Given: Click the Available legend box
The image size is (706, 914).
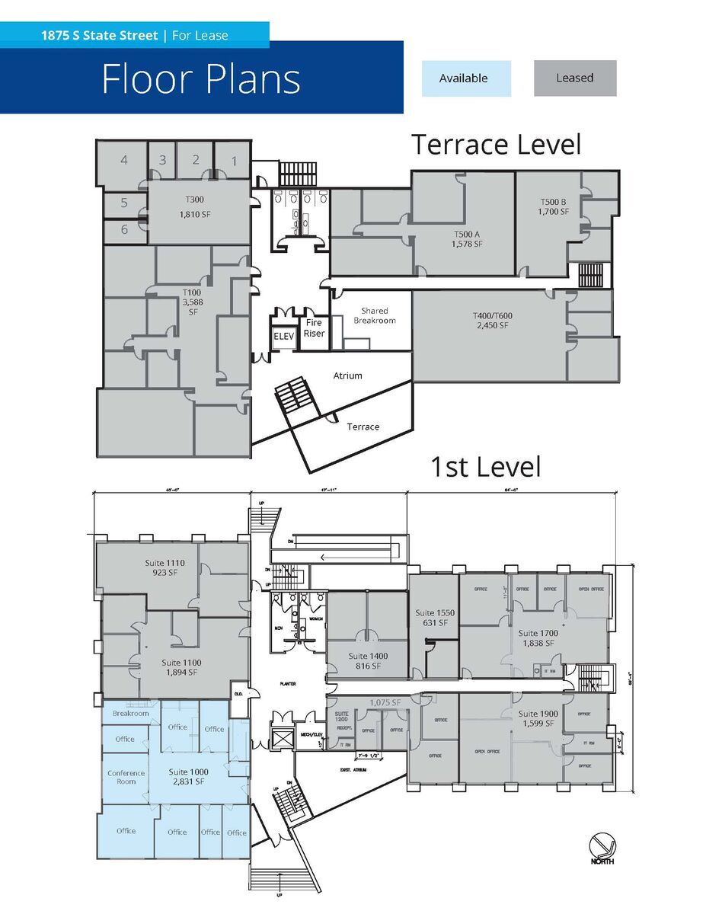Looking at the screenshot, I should pyautogui.click(x=465, y=78).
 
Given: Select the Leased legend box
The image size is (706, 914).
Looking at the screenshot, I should pyautogui.click(x=574, y=78).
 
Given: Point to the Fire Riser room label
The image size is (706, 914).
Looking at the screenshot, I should pyautogui.click(x=314, y=328).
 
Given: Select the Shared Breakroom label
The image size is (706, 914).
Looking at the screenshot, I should pyautogui.click(x=374, y=315).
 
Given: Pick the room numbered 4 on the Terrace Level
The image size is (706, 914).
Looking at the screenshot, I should pyautogui.click(x=123, y=160).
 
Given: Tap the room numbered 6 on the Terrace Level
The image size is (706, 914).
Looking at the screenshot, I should pyautogui.click(x=123, y=228).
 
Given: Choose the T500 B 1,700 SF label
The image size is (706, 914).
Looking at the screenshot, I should pyautogui.click(x=553, y=206).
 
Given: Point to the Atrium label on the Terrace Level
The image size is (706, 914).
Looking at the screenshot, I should pyautogui.click(x=347, y=376).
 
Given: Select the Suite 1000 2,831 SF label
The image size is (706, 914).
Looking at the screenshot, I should pyautogui.click(x=187, y=777).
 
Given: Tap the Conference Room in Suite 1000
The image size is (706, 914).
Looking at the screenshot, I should pyautogui.click(x=126, y=777).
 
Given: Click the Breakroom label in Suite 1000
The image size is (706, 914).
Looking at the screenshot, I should pyautogui.click(x=130, y=714).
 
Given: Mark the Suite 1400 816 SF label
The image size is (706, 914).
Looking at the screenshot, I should pyautogui.click(x=368, y=661).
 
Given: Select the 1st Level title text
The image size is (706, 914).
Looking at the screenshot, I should pyautogui.click(x=485, y=467).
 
